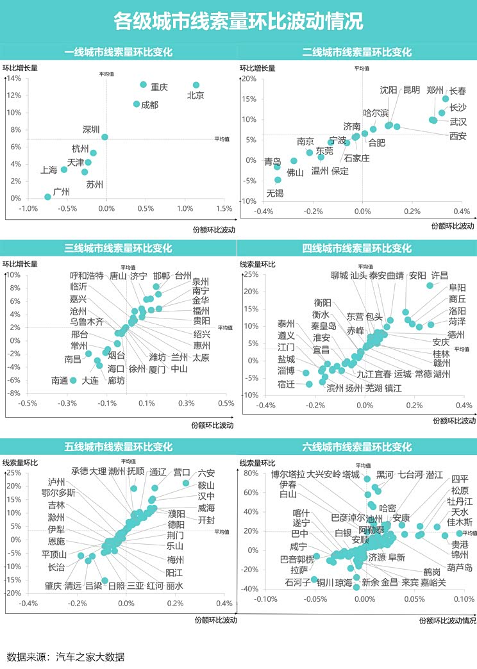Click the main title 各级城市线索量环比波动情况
[238, 22]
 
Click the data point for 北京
[196, 85]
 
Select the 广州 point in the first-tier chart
[47, 197]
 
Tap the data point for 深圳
[105, 137]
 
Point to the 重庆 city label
[159, 87]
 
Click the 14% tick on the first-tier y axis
[14, 79]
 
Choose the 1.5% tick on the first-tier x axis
[224, 209]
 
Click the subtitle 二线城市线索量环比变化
[356, 53]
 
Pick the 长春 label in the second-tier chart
[458, 91]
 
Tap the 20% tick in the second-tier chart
[249, 79]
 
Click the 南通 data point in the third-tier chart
[73, 380]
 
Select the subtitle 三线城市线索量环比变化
[119, 248]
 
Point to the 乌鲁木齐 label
[87, 322]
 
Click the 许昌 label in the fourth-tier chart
[440, 276]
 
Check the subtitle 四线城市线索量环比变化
[356, 248]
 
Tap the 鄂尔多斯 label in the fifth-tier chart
[58, 493]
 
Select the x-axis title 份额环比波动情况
[448, 620]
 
